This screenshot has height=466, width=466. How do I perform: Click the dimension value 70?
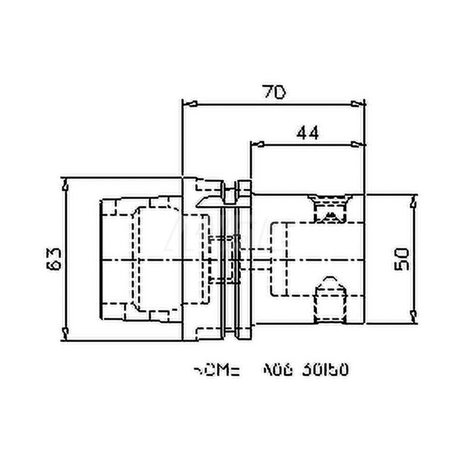pyautogui.click(x=274, y=92)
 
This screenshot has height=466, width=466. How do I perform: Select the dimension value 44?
pyautogui.click(x=308, y=133)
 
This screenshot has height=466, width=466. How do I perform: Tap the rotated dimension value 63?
pyautogui.click(x=55, y=259)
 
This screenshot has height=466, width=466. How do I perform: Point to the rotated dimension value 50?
pyautogui.click(x=402, y=259)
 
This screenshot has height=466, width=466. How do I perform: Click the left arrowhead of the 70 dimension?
pyautogui.click(x=189, y=103)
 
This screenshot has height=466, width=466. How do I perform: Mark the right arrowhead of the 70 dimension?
pyautogui.click(x=358, y=103)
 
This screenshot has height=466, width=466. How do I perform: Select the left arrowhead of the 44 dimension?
pyautogui.click(x=257, y=144)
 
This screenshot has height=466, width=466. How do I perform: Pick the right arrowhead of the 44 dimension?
pyautogui.click(x=358, y=144)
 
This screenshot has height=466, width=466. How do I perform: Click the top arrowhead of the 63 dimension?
pyautogui.click(x=66, y=185)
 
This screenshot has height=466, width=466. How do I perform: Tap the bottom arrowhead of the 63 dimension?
pyautogui.click(x=66, y=333)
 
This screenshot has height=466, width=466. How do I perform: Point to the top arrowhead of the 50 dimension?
pyautogui.click(x=413, y=202)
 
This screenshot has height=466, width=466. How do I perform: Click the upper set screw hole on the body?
pyautogui.click(x=330, y=208)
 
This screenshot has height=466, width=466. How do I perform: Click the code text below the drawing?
pyautogui.click(x=270, y=370)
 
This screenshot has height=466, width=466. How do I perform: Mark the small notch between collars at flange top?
pyautogui.click(x=231, y=193)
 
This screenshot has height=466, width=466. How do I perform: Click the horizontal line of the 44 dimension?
pyautogui.click(x=308, y=144)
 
